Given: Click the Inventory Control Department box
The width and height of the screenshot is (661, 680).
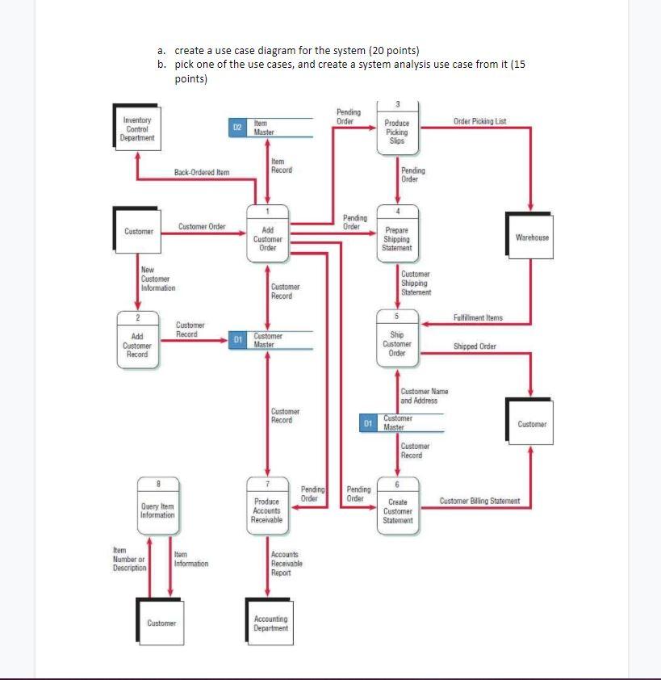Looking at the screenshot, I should click(136, 129).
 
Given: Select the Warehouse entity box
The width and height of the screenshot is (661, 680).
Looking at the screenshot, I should click(532, 237).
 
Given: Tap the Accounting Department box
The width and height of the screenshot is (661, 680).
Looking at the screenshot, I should click(270, 623).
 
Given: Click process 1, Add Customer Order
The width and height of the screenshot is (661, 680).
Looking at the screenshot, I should click(268, 234).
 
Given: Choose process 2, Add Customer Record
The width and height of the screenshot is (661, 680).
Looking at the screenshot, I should click(137, 340).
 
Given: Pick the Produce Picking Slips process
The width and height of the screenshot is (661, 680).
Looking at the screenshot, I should click(397, 128).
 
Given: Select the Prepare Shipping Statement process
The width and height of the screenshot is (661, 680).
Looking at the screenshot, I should click(397, 235).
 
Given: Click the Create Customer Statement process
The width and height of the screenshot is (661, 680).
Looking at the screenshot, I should click(398, 506).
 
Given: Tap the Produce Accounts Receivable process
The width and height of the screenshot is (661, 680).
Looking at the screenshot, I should click(267, 506).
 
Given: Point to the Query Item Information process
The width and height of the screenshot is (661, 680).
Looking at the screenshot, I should click(157, 506).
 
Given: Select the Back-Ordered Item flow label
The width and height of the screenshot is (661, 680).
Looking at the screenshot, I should click(202, 172).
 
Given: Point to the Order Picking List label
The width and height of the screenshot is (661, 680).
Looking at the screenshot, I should click(479, 121).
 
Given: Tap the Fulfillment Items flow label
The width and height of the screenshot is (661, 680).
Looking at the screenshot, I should click(478, 317).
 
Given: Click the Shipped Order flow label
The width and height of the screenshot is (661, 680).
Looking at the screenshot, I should click(475, 346).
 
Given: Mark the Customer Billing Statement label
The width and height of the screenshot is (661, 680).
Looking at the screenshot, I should click(479, 502).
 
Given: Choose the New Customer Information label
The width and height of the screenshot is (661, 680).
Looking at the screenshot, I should click(157, 279).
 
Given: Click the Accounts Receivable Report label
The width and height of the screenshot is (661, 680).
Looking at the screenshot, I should click(287, 563).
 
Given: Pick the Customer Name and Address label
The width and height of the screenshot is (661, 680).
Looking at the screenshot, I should click(425, 396).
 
